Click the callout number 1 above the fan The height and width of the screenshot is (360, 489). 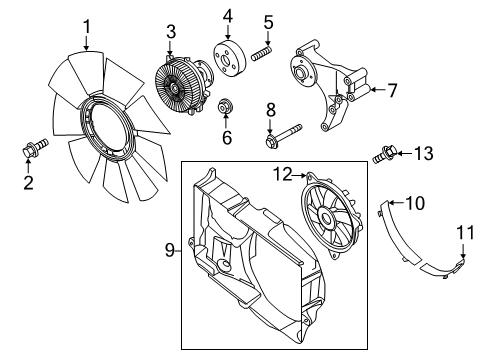tap(87, 26)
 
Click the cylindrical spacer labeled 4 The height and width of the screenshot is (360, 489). tap(227, 57)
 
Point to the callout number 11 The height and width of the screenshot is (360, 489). tap(463, 234)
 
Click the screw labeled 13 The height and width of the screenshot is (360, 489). tap(384, 154)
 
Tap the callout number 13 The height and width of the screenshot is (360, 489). tap(424, 153)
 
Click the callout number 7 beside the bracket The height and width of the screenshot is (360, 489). tap(392, 90)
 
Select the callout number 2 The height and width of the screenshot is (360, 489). tap(28, 182)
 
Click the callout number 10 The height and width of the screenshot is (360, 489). tap(415, 203)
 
